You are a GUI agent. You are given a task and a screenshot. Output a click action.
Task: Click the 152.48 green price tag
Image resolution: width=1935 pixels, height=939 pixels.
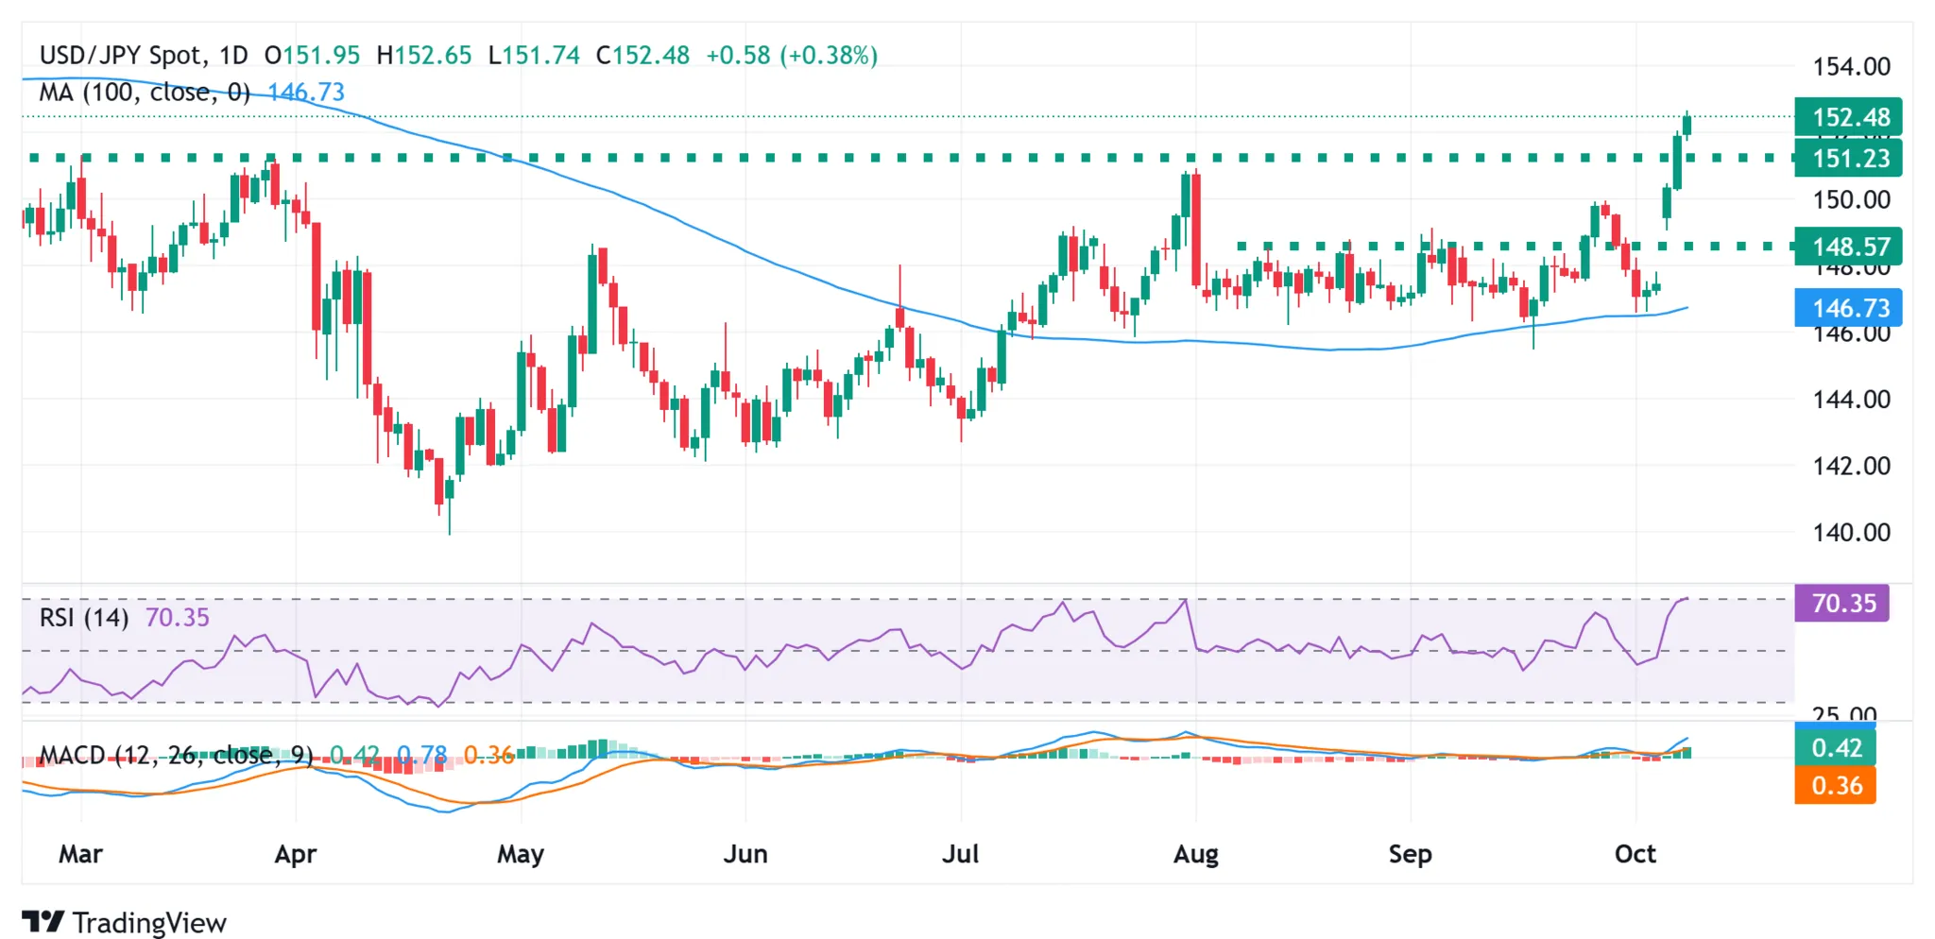[1848, 117]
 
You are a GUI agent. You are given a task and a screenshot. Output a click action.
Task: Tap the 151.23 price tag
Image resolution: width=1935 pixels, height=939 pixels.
[1848, 158]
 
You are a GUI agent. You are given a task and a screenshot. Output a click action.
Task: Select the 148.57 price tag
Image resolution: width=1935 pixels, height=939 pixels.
[1848, 247]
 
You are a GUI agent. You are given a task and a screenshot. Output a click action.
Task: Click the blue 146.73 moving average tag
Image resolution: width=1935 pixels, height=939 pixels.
[1848, 308]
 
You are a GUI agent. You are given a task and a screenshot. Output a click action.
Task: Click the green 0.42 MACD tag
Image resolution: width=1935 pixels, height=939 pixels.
[1835, 748]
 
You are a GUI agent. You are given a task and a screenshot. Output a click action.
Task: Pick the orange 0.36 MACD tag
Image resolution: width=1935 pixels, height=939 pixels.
[1835, 785]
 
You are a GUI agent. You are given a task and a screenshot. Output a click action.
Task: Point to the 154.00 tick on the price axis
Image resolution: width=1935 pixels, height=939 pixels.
[1851, 67]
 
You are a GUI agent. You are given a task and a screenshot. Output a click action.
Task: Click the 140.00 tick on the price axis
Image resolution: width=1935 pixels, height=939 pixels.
[1851, 533]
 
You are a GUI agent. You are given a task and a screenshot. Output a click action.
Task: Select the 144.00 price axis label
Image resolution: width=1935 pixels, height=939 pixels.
[1851, 400]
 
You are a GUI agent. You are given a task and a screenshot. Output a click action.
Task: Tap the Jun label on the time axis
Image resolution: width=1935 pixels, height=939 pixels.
[745, 854]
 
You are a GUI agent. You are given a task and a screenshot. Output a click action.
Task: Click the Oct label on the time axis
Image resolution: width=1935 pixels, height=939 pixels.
[1635, 854]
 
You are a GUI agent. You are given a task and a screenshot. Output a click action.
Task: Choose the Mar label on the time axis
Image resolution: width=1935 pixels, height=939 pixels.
[80, 854]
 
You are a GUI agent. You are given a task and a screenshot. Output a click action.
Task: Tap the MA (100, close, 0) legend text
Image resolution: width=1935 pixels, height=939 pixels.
[144, 93]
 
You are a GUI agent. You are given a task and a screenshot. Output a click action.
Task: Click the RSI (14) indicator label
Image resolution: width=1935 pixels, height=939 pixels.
[83, 618]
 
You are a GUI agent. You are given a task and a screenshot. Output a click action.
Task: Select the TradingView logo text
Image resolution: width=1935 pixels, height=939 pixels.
[148, 922]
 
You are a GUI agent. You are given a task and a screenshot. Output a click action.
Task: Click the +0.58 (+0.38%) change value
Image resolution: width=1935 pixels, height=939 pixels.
[792, 56]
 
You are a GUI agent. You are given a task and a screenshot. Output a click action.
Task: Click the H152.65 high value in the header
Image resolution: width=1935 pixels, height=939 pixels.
[423, 56]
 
